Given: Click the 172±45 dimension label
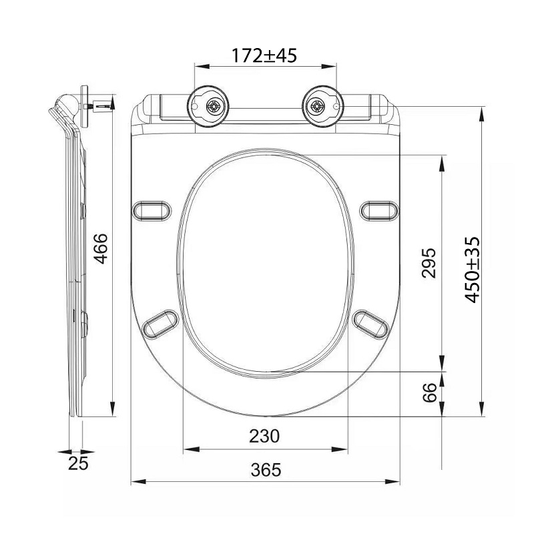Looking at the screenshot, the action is (x=264, y=55).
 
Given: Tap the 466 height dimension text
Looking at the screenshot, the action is (x=101, y=248).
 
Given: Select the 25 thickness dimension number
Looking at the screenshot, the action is (x=78, y=463).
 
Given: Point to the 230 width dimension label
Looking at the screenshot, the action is (x=264, y=437).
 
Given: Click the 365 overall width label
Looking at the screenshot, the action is (x=266, y=470).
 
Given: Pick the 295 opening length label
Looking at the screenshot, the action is (x=429, y=263).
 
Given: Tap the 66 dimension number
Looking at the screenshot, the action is (x=429, y=392).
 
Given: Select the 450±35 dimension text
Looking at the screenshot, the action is (x=473, y=270).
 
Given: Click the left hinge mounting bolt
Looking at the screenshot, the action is (x=214, y=107).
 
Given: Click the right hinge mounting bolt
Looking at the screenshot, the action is (x=317, y=107).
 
